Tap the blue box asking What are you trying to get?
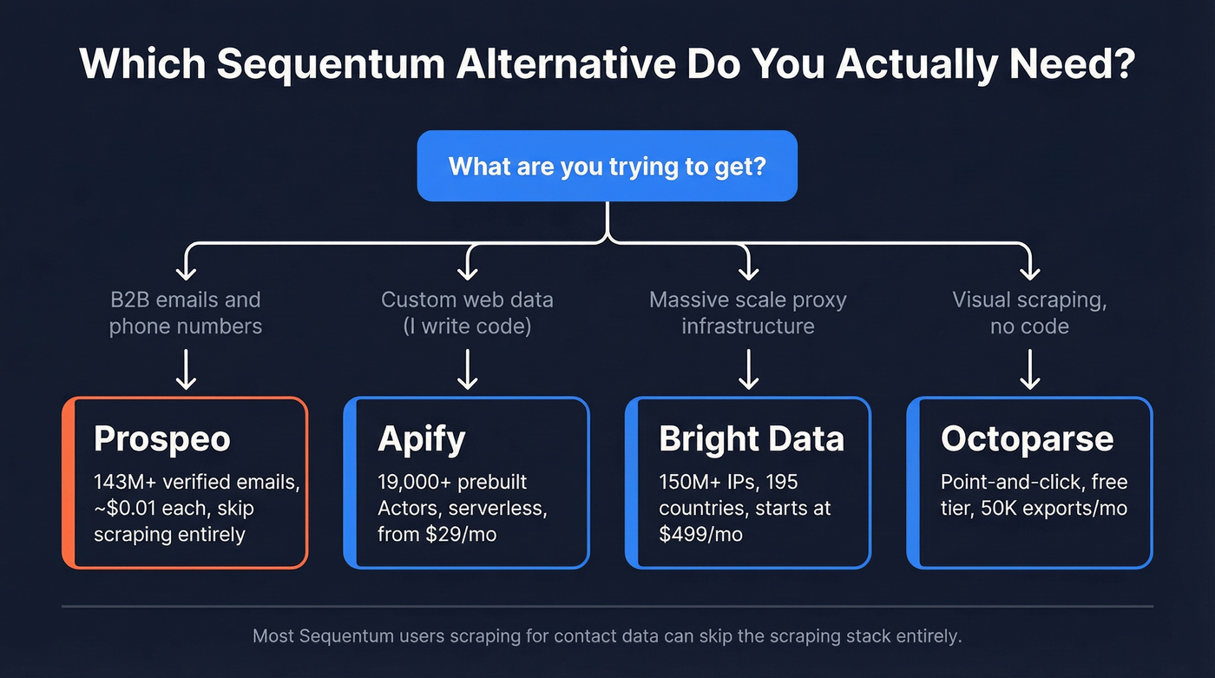(607, 166)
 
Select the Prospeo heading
(162, 439)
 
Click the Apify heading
(421, 439)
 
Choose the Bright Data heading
(751, 439)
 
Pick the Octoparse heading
(1027, 439)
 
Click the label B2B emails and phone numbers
(185, 313)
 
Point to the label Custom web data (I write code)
(467, 313)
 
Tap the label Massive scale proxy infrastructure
(747, 313)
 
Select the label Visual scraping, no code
(1028, 313)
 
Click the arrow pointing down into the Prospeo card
(186, 370)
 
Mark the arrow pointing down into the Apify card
(467, 370)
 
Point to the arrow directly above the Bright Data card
(748, 370)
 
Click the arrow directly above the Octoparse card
(1029, 370)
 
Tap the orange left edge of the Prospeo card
(68, 483)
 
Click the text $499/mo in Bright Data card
(700, 535)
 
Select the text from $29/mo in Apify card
(437, 535)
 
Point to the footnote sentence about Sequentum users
(607, 636)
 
